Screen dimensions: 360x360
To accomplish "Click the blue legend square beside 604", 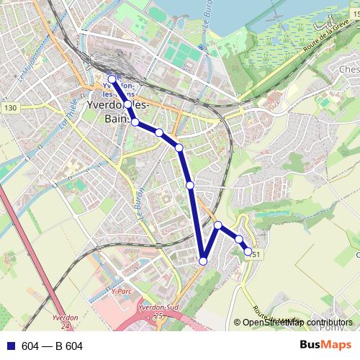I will tap(10, 346).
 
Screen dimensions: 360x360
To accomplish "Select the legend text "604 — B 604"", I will tap(53, 346).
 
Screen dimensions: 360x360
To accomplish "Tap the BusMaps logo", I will tap(326, 346).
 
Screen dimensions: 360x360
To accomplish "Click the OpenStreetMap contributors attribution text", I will tap(298, 323).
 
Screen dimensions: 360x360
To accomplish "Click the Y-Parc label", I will tap(123, 292).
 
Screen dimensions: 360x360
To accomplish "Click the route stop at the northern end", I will tap(112, 79).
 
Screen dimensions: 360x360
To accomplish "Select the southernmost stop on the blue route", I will tap(204, 261).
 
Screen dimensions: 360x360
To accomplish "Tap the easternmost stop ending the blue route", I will tap(248, 252).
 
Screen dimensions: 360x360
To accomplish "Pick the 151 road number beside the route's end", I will tap(256, 254).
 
